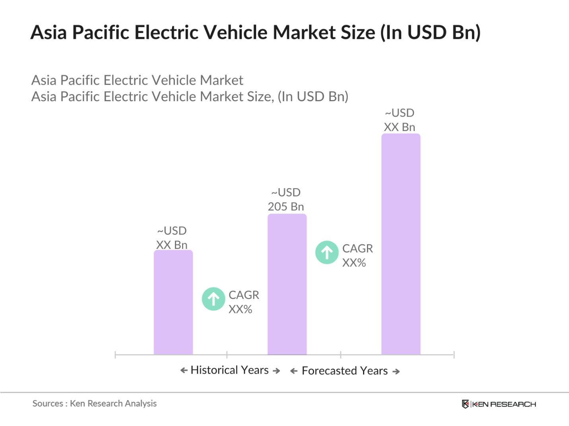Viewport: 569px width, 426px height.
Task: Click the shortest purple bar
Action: click(x=173, y=302)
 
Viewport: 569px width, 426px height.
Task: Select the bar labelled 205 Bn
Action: click(x=287, y=284)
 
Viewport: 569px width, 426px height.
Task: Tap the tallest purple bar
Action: click(x=401, y=244)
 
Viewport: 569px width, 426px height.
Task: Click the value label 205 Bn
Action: click(x=286, y=206)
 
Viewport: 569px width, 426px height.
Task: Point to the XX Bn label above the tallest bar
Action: click(x=400, y=127)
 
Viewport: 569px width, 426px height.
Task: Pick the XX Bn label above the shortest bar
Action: click(x=172, y=245)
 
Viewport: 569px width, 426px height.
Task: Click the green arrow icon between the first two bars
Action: click(x=214, y=299)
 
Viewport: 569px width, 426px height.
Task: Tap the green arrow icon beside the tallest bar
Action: click(x=327, y=253)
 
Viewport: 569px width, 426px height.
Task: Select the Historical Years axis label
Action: click(x=230, y=370)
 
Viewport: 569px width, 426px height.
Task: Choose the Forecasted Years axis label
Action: click(x=345, y=371)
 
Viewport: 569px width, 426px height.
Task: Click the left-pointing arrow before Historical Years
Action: click(x=184, y=370)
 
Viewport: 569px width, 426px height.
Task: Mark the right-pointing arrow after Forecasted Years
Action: click(x=396, y=372)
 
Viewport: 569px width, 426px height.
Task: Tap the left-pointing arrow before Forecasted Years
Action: click(x=294, y=371)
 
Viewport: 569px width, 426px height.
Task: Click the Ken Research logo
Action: click(x=499, y=404)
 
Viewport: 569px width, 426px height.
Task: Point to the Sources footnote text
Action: click(x=95, y=403)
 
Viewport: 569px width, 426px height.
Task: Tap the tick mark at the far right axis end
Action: click(x=454, y=355)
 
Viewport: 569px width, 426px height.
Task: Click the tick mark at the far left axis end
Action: click(x=115, y=355)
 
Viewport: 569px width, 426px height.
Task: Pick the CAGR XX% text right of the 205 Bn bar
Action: click(x=357, y=255)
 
